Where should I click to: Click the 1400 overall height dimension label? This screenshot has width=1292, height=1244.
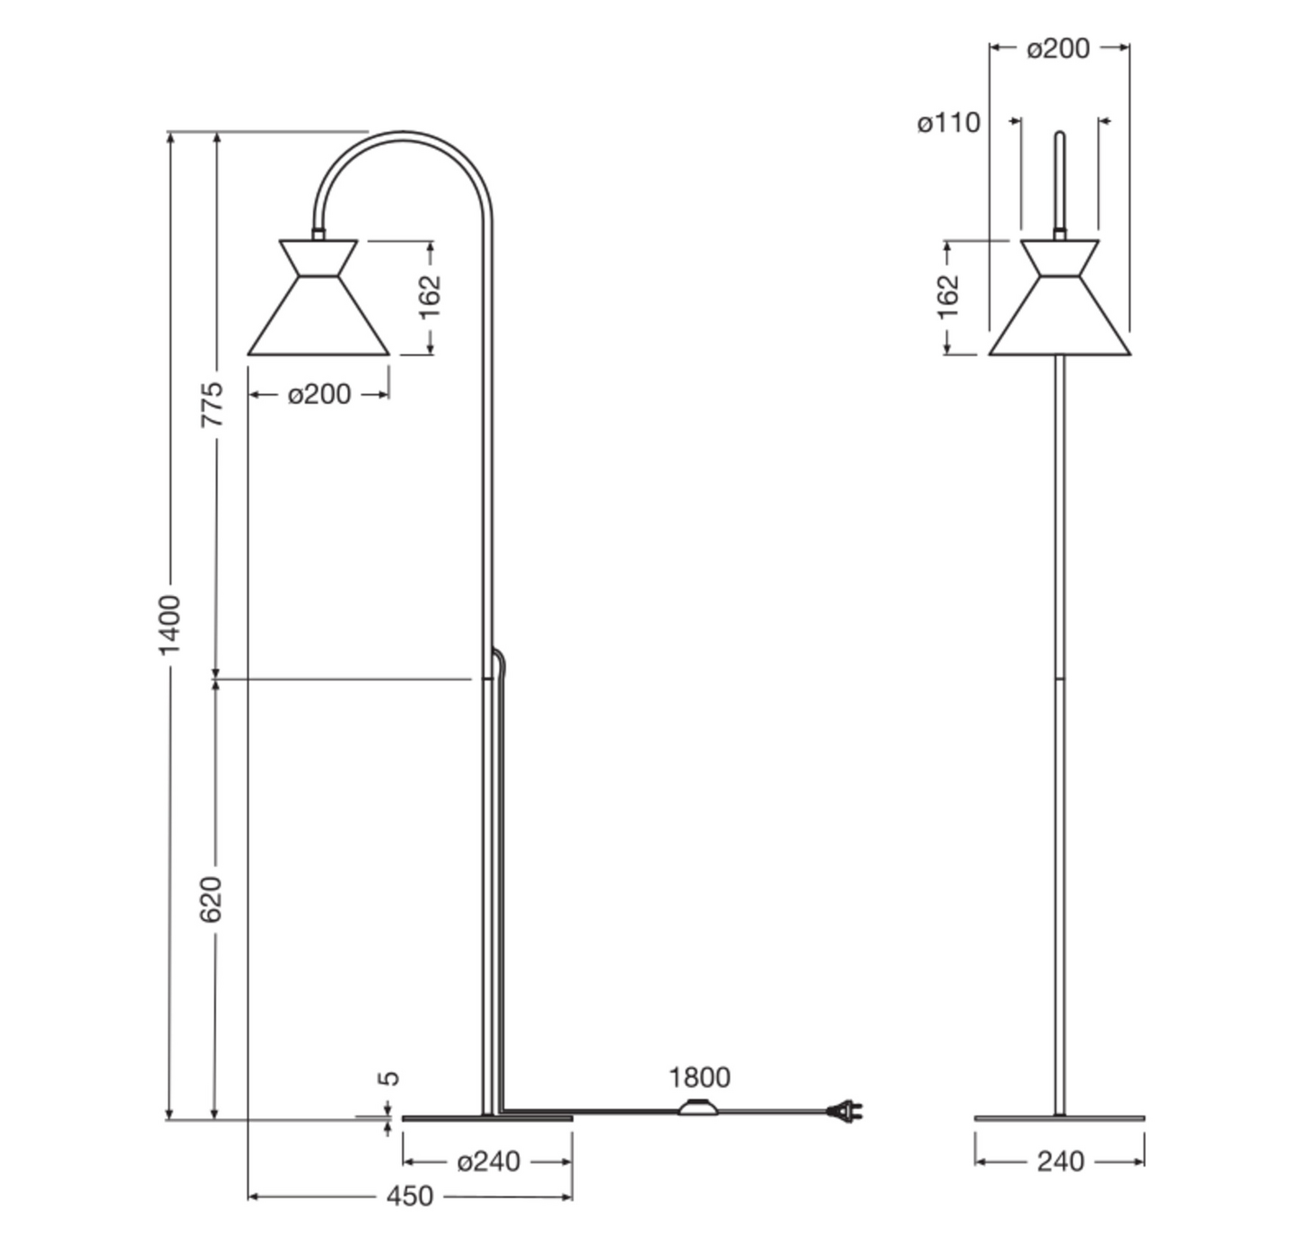(x=169, y=624)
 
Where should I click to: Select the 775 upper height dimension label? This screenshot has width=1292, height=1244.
(x=212, y=404)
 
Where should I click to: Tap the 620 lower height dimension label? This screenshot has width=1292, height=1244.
(x=212, y=898)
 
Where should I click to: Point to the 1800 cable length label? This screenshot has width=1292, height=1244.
(x=699, y=1077)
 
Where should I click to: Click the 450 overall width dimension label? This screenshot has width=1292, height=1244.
(x=409, y=1196)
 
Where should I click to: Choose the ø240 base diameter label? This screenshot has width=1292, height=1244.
(x=488, y=1161)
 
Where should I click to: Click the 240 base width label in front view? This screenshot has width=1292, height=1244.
(x=1061, y=1161)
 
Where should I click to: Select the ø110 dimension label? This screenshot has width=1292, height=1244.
(x=948, y=123)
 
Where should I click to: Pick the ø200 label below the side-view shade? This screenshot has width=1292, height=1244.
(x=319, y=394)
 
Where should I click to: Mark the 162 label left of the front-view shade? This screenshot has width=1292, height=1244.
(x=947, y=296)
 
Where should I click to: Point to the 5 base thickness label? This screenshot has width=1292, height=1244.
(x=389, y=1078)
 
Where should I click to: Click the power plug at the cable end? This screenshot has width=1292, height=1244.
(x=845, y=1112)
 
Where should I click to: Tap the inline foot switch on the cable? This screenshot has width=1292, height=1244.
(x=700, y=1109)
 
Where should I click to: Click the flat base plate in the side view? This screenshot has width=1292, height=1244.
(x=487, y=1118)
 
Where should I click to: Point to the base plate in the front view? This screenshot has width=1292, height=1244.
(x=1060, y=1118)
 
